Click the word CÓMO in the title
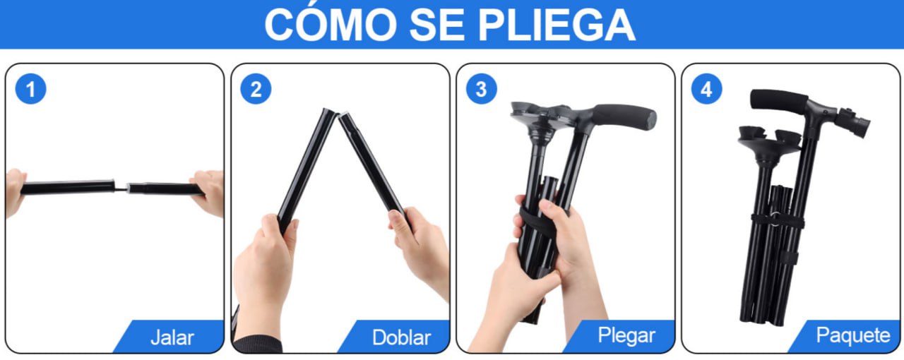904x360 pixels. tap(331, 23)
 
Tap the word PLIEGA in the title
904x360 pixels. tap(557, 25)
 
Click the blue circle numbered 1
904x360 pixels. tap(30, 89)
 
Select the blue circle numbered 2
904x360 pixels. tap(256, 89)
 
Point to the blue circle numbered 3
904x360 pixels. tap(482, 89)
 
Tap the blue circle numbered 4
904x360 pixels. tap(707, 89)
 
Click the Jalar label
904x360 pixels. tap(172, 337)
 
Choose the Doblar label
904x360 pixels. tap(401, 337)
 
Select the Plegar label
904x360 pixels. tap(626, 335)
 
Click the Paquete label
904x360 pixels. tap(853, 335)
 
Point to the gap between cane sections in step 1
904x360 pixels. tap(121, 188)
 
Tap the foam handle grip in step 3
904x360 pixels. tap(625, 116)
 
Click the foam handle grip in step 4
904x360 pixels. tap(779, 100)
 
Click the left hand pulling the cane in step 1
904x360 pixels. tap(15, 193)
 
